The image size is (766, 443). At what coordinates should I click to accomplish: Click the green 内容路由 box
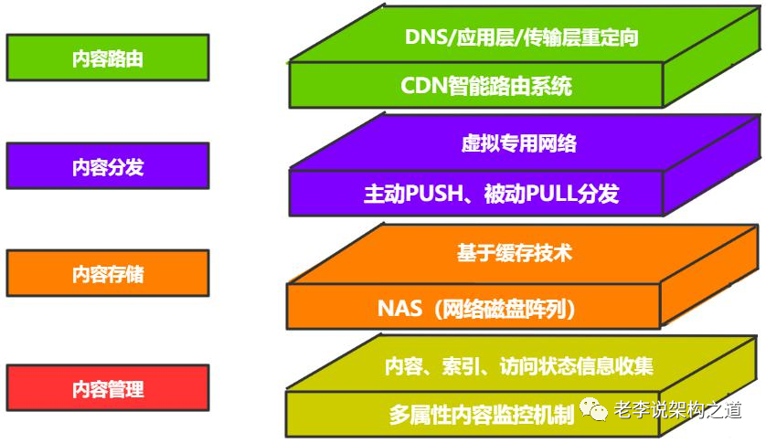[107, 59]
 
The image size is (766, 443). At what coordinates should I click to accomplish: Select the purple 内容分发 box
[107, 167]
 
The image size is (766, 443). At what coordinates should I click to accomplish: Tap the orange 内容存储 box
[107, 274]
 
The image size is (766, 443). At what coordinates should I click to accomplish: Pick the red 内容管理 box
[107, 389]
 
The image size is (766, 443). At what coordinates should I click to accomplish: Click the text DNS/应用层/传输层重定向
[521, 37]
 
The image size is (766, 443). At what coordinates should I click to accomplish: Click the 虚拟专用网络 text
[518, 143]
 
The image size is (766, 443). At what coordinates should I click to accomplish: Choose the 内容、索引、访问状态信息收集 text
[518, 366]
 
